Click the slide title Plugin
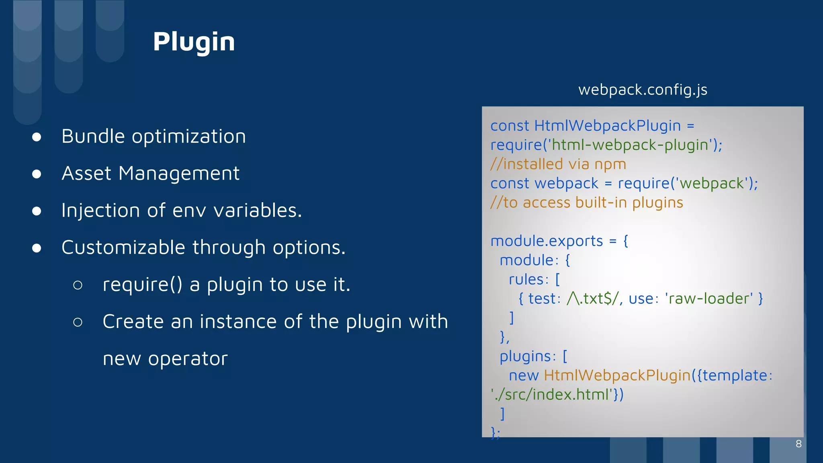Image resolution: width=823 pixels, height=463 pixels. click(194, 42)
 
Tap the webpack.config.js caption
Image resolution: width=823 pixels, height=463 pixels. click(643, 90)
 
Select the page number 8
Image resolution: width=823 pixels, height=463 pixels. click(798, 444)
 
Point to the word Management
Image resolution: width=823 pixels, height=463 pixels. click(179, 174)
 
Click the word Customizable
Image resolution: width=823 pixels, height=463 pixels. click(123, 247)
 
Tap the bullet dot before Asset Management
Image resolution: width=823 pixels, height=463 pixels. click(37, 174)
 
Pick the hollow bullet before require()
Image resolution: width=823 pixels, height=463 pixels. click(78, 285)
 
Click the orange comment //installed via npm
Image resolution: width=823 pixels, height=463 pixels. click(558, 164)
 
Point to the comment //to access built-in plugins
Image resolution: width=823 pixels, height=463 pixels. click(586, 203)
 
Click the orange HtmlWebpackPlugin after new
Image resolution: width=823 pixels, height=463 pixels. click(617, 375)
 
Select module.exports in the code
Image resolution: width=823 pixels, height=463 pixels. click(547, 241)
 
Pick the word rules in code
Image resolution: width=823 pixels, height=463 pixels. click(526, 279)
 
